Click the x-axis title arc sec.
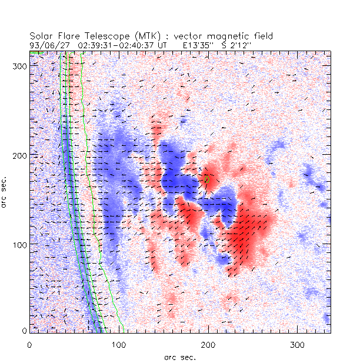(179, 357)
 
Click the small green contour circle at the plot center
(207, 179)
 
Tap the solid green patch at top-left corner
(34, 53)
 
